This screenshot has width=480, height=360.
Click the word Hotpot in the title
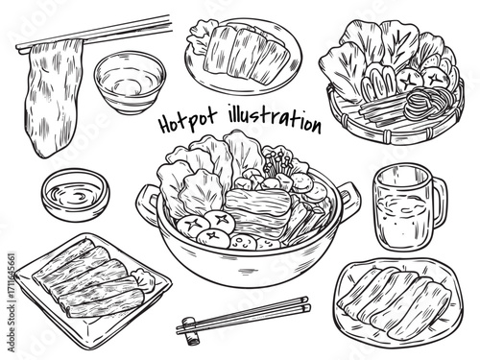coord(188,120)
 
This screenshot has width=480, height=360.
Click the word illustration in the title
coord(275,118)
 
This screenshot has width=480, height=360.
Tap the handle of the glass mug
coord(439,202)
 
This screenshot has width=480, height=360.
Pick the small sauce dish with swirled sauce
coord(76,195)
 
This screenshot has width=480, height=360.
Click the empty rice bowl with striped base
coord(130,83)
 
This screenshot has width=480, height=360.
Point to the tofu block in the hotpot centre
coord(258,208)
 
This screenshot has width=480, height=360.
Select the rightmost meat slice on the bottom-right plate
coord(420,309)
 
